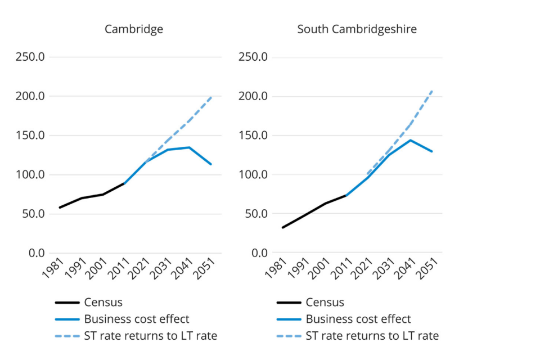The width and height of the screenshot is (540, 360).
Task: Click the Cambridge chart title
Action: click(134, 29)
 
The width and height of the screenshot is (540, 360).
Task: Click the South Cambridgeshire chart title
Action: click(357, 29)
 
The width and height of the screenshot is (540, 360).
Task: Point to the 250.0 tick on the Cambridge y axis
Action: click(33, 57)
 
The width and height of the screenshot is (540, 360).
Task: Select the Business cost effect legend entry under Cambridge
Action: click(137, 319)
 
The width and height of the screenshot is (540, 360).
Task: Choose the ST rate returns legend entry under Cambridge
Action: click(150, 336)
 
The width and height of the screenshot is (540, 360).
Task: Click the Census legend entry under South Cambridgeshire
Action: click(325, 303)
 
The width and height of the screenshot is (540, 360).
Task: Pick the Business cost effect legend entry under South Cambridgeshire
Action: click(358, 319)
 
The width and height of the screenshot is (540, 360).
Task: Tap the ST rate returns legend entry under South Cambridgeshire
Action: click(372, 336)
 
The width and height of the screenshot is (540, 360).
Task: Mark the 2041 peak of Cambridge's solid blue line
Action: click(190, 147)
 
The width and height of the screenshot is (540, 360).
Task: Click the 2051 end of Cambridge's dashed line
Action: click(211, 97)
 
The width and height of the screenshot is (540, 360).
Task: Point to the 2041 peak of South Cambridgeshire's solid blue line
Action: click(411, 140)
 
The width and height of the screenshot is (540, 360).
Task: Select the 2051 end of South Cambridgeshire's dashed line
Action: click(433, 90)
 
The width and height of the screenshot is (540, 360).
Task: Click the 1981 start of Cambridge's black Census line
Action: click(60, 208)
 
